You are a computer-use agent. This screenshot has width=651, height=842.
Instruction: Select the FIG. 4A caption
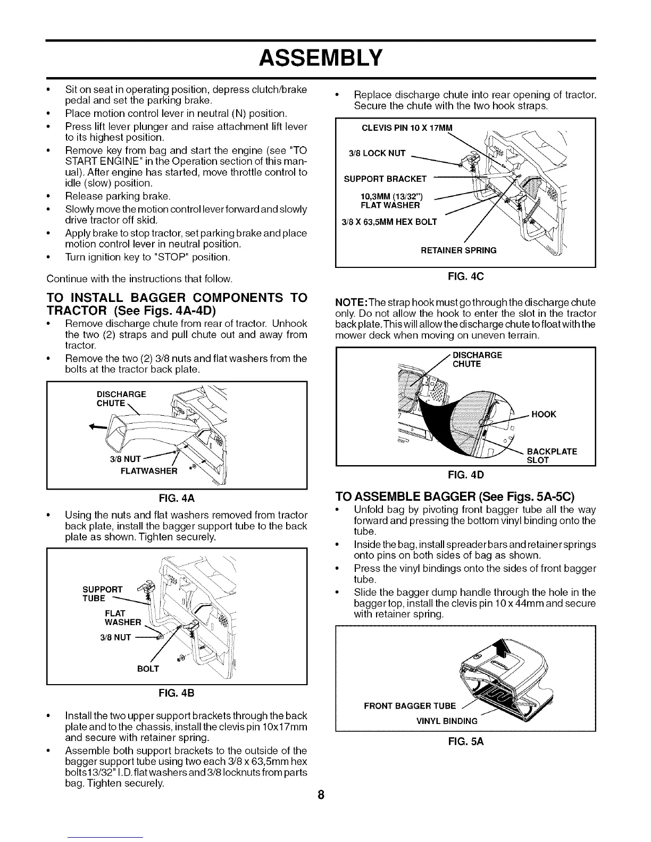(178, 499)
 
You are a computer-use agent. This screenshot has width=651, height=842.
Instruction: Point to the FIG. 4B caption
(178, 693)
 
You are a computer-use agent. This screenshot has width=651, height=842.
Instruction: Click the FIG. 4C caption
(465, 276)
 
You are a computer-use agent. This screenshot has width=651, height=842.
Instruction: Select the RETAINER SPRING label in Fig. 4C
(458, 250)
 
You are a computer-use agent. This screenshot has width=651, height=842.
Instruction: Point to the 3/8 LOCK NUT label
(377, 154)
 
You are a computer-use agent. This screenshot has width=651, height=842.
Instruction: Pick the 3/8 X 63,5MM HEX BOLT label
(385, 222)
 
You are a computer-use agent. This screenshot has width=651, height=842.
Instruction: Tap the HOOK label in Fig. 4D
(543, 414)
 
